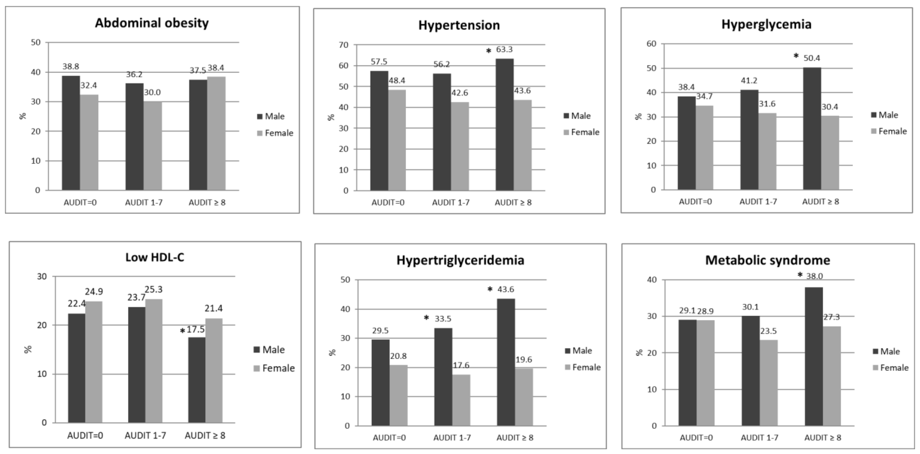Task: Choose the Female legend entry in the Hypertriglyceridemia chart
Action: pos(583,367)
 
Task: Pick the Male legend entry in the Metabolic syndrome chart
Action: pos(886,351)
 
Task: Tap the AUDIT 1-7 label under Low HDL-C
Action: pos(145,435)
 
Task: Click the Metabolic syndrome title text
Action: pos(768,260)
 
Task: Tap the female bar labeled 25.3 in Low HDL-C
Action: pos(153,361)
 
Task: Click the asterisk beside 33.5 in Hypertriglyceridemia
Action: pos(426,317)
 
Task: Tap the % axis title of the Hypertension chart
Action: pos(331,117)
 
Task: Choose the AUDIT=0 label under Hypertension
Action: pos(388,203)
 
